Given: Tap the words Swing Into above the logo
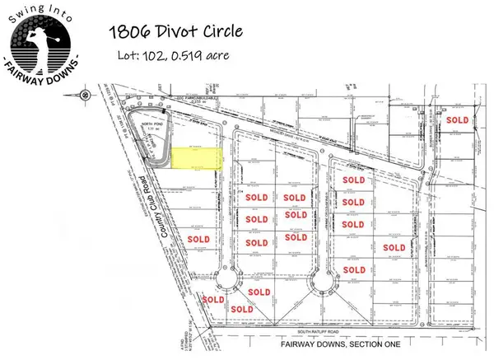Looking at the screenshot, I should [x=46, y=9].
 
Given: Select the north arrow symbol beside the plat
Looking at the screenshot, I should [x=86, y=94].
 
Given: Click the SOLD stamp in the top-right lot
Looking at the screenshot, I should [x=458, y=120].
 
